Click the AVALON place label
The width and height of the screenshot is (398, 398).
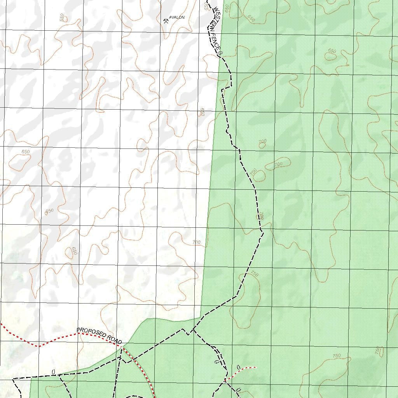tap(177, 17)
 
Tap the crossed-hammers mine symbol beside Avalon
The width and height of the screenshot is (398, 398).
tap(166, 21)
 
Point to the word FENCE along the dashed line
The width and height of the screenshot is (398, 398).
tap(215, 42)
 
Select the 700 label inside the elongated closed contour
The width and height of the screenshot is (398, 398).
tap(279, 164)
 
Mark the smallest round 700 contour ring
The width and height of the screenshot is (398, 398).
tap(262, 145)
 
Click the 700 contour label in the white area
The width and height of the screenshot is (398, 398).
tap(196, 243)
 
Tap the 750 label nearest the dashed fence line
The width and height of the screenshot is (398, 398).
tap(254, 274)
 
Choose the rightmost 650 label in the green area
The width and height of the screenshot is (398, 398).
tap(332, 51)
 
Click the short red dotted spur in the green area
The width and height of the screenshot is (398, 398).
tap(241, 372)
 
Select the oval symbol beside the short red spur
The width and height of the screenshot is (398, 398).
tap(239, 367)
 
